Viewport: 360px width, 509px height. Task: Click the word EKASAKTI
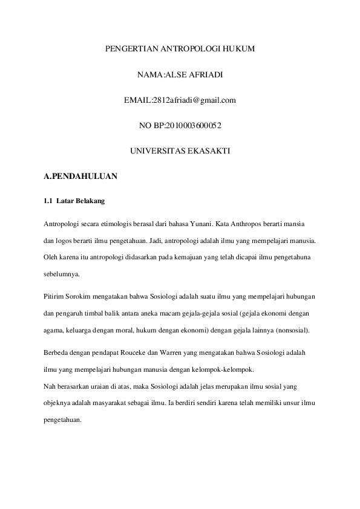[x=208, y=151]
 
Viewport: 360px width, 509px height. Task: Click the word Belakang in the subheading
[x=91, y=201]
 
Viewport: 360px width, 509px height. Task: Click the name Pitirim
[x=54, y=298]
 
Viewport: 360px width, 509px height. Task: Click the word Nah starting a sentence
[x=50, y=384]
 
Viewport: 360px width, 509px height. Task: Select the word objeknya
[x=58, y=401]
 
